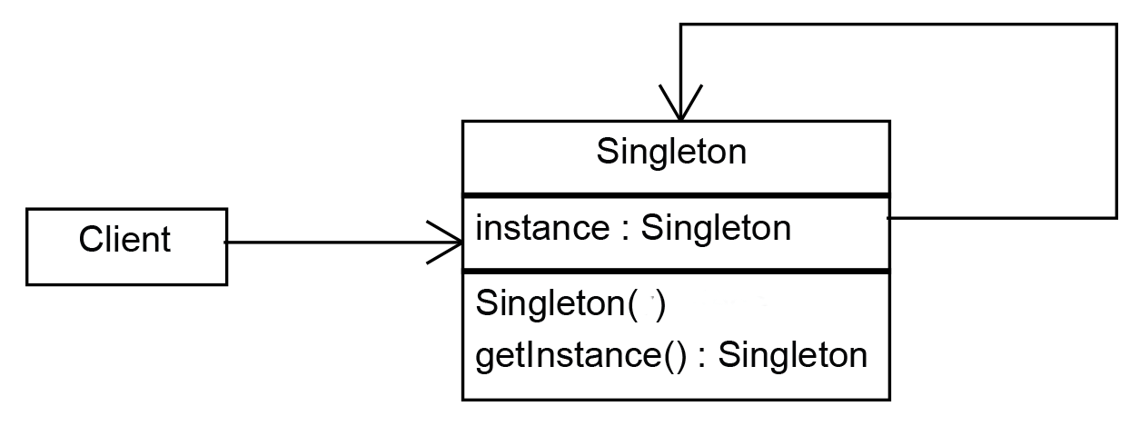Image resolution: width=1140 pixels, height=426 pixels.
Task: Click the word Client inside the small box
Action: pos(124,241)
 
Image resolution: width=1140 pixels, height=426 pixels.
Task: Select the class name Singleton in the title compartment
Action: pos(671,152)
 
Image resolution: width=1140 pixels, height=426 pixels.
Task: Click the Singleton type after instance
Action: pos(716,227)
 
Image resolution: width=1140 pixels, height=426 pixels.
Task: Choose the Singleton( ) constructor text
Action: pos(570,304)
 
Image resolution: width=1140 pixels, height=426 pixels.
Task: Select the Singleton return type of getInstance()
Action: pos(792,354)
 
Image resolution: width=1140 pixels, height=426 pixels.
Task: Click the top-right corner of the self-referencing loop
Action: pos(1115,25)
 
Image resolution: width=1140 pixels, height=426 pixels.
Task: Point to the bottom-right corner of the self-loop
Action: pos(1115,218)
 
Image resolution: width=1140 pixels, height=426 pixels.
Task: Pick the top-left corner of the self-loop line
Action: pos(679,25)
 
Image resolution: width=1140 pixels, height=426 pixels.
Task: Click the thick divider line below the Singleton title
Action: pos(676,194)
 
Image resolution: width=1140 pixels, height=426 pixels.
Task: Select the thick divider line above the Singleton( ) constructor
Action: pos(676,270)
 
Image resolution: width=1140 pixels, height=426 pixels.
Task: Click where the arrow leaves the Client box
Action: pos(227,243)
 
